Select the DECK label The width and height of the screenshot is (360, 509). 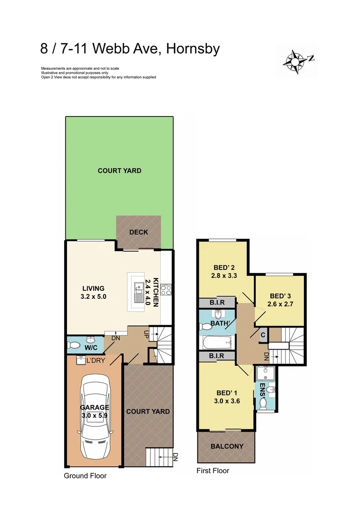coord(139,232)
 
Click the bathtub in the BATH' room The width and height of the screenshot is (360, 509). coord(216,342)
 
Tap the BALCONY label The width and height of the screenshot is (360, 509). coord(227,446)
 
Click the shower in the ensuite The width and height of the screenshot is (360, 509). coord(266,374)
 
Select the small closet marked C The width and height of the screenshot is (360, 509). coord(263,335)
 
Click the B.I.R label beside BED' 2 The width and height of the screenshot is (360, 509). coord(216,303)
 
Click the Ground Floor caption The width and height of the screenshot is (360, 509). coord(85,476)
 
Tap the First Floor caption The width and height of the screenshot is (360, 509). coord(213,471)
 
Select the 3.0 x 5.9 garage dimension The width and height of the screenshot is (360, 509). coord(95,416)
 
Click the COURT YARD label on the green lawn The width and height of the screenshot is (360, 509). coord(119,171)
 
